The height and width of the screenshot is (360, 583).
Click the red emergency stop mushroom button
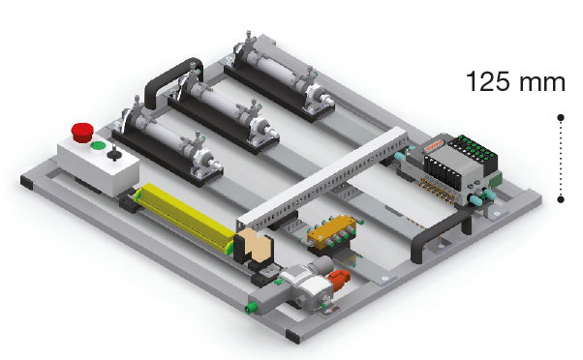tap(82, 132)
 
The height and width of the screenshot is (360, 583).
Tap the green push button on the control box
tap(98, 145)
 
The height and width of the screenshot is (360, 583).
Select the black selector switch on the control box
tap(113, 153)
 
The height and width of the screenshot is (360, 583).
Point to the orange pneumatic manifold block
tap(332, 231)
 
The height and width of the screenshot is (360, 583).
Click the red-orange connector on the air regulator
tap(339, 280)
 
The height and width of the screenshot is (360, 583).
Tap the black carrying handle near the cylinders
tap(173, 81)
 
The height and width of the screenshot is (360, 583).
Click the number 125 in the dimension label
tap(488, 81)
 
